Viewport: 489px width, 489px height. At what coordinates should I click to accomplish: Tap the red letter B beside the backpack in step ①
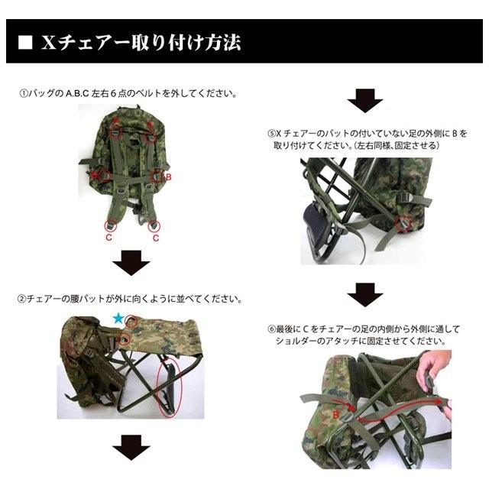point(168,176)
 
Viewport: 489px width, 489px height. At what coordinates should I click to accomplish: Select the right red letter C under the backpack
point(156,238)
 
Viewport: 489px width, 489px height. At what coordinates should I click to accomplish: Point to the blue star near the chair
point(117,317)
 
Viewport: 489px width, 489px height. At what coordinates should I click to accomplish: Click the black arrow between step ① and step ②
point(131,264)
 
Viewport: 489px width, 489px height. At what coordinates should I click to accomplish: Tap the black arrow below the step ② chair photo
point(131,446)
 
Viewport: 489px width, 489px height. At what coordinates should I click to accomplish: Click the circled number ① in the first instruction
point(23,93)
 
